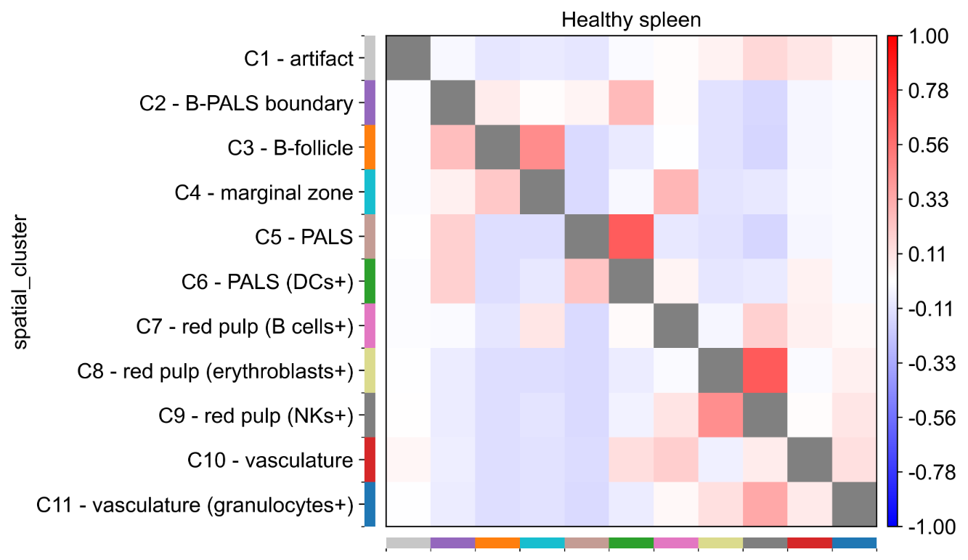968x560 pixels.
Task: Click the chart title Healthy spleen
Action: [631, 20]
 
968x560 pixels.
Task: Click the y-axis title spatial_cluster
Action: [21, 281]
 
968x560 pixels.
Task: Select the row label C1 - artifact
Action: [299, 59]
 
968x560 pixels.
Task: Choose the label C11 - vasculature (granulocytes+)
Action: [195, 504]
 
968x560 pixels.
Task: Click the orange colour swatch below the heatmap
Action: [497, 543]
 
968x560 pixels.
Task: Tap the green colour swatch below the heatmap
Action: [631, 543]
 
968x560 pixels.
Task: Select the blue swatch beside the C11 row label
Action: [369, 504]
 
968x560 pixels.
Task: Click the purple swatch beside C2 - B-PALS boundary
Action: [369, 103]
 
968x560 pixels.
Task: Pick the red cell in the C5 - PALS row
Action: [631, 236]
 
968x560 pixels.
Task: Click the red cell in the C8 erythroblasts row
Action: [765, 370]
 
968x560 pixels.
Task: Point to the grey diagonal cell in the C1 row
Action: [408, 59]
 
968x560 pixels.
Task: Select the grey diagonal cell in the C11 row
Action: [854, 504]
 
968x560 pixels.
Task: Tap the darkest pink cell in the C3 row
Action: [542, 148]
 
